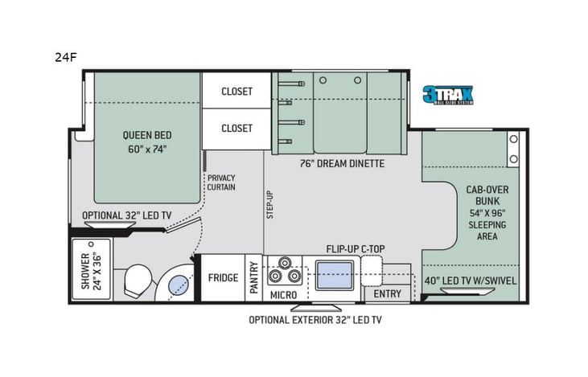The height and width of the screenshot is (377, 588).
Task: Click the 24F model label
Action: [x=67, y=58]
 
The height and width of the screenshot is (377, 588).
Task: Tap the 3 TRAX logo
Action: [x=448, y=95]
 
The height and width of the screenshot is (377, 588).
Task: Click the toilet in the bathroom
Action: [x=138, y=281]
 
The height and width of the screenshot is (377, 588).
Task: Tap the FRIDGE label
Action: [x=223, y=278]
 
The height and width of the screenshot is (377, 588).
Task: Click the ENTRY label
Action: [x=387, y=294]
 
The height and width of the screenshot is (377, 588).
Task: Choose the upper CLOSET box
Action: [x=236, y=91]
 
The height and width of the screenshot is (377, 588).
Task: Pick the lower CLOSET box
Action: [x=236, y=128]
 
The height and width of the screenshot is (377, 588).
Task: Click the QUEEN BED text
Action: [x=146, y=141]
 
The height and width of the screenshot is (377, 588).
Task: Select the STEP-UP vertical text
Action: [x=270, y=205]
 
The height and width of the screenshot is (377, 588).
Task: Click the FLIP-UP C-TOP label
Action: [x=355, y=248]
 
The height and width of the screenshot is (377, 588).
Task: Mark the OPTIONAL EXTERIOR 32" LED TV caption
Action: [x=315, y=319]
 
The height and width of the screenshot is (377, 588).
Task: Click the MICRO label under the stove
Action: [x=282, y=294]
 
